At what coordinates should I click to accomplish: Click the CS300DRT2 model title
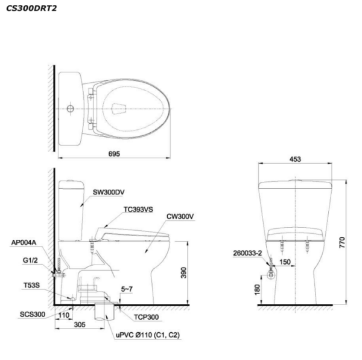pyautogui.click(x=31, y=8)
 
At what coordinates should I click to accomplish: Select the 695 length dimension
pyautogui.click(x=114, y=154)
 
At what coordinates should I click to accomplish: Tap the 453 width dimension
pyautogui.click(x=295, y=159)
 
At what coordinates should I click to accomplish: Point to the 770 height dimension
pyautogui.click(x=342, y=243)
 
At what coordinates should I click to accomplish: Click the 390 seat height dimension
pyautogui.click(x=183, y=272)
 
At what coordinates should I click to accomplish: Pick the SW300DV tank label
pyautogui.click(x=109, y=192)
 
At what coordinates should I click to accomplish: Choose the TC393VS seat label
pyautogui.click(x=138, y=210)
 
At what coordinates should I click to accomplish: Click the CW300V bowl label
pyautogui.click(x=180, y=216)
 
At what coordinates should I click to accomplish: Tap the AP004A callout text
pyautogui.click(x=24, y=243)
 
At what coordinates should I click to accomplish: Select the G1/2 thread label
pyautogui.click(x=30, y=260)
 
